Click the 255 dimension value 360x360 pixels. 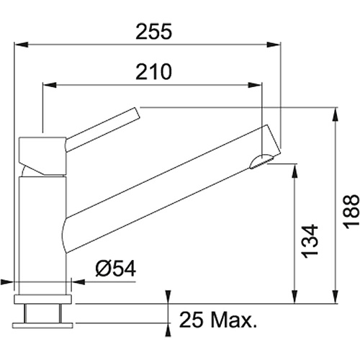(x=154, y=32)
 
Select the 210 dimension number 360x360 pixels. (x=154, y=72)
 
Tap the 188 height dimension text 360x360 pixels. (x=351, y=211)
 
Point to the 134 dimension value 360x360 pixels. (x=310, y=241)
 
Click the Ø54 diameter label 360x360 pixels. (x=116, y=268)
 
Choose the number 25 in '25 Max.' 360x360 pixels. (x=191, y=320)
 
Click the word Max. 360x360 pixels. (x=234, y=320)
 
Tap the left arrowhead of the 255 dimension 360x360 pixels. (x=21, y=45)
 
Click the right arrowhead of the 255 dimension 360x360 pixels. (x=274, y=45)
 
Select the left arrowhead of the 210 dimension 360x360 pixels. (x=50, y=85)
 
